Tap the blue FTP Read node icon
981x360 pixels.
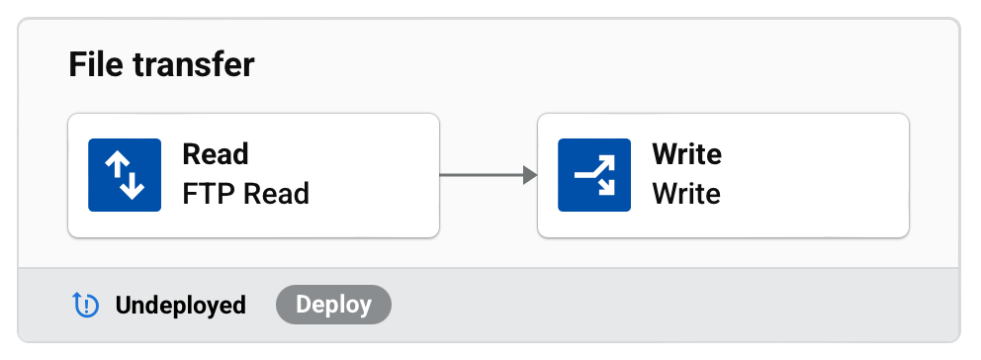click(125, 175)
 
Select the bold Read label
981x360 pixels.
click(216, 155)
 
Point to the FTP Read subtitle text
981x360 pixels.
click(245, 193)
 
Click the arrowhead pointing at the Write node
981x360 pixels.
click(530, 175)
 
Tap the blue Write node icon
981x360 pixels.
click(594, 175)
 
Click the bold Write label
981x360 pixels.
click(686, 155)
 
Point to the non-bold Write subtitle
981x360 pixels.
click(686, 193)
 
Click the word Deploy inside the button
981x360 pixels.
click(333, 305)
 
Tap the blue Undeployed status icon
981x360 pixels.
click(87, 305)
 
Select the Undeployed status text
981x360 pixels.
click(180, 305)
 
